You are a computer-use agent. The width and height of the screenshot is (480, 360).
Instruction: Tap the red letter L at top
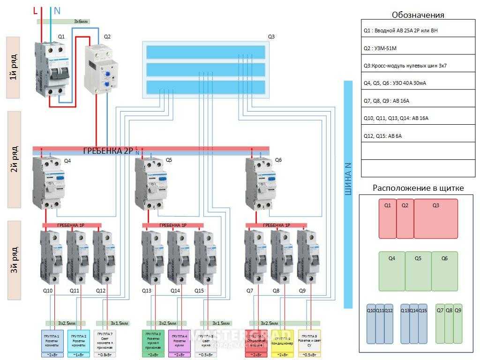tap(36, 10)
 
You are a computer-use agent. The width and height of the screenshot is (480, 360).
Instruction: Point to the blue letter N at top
tap(57, 10)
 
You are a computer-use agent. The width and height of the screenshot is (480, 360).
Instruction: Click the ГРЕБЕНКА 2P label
tap(108, 150)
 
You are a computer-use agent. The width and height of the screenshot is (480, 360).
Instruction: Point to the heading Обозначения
tap(418, 15)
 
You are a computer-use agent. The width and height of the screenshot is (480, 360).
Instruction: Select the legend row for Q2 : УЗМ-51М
tap(419, 48)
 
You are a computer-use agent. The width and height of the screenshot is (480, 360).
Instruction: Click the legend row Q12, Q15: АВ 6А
tap(419, 136)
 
